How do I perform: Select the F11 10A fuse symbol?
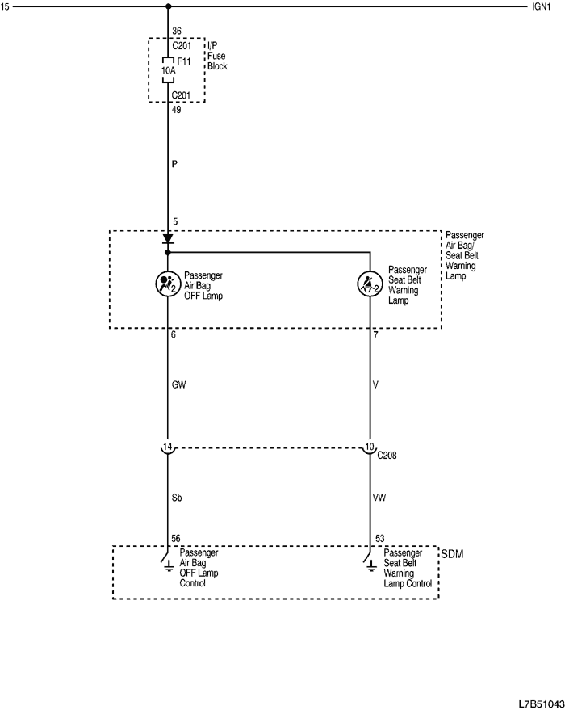(x=168, y=71)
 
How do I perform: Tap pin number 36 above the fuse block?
(x=178, y=33)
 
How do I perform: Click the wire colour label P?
(x=174, y=163)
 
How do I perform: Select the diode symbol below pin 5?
(x=168, y=239)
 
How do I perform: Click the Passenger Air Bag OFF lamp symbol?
(x=168, y=284)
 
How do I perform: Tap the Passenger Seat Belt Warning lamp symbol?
(x=370, y=284)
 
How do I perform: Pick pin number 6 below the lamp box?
(x=174, y=334)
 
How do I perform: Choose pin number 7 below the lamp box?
(x=376, y=334)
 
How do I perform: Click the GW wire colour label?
(x=178, y=385)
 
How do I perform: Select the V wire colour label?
(x=376, y=385)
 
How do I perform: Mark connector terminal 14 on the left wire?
(x=168, y=447)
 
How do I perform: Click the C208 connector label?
(x=387, y=456)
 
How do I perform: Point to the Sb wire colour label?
(x=177, y=498)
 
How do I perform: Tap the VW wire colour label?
(x=379, y=498)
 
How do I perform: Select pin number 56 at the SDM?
(x=176, y=538)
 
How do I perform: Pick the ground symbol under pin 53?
(x=370, y=565)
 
